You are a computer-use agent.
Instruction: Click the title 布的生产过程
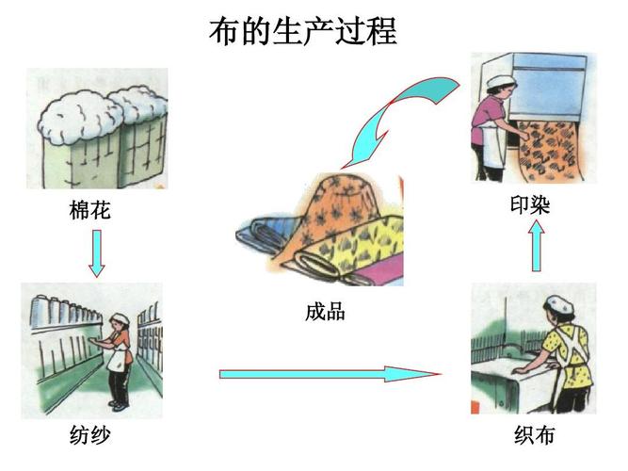(302, 30)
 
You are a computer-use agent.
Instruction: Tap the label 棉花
(90, 210)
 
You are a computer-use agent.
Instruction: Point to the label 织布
(534, 435)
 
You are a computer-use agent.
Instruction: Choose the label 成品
(325, 312)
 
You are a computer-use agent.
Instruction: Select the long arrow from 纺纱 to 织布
(330, 374)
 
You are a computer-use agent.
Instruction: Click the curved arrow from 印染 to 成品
(395, 113)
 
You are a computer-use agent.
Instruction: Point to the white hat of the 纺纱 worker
(119, 318)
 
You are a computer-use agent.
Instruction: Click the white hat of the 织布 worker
(560, 303)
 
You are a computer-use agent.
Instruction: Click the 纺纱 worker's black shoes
(119, 405)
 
